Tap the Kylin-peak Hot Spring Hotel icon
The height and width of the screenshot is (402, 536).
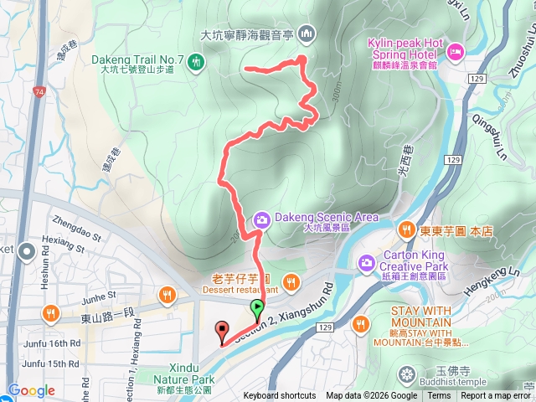tap(456, 52)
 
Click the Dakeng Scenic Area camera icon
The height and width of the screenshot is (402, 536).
tap(261, 221)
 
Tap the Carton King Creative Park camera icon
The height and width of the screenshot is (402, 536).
tap(366, 263)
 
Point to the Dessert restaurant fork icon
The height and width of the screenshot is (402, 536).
tap(291, 281)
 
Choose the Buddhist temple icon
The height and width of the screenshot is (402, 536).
tap(407, 373)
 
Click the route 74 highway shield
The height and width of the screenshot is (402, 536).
tap(39, 89)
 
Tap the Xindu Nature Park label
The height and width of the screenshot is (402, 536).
tap(184, 374)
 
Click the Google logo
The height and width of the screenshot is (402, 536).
tap(31, 390)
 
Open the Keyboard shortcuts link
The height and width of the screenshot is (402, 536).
tap(281, 396)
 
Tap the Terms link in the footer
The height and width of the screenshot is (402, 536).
tap(440, 396)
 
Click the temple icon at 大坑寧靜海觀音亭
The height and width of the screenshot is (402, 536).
tap(306, 33)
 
